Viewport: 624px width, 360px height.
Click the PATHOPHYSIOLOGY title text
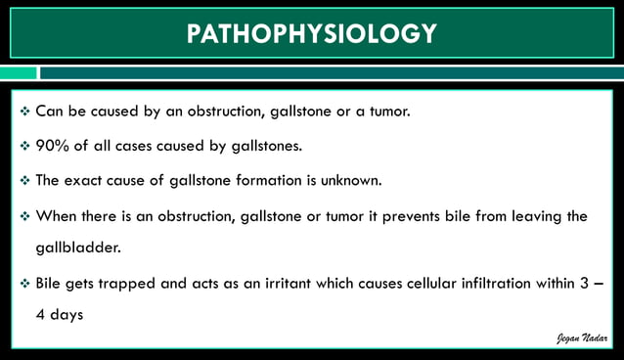click(312, 33)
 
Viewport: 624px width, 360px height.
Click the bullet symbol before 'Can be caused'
click(24, 112)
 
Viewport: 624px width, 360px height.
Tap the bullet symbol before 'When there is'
click(24, 215)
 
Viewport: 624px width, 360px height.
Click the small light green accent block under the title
click(18, 73)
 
